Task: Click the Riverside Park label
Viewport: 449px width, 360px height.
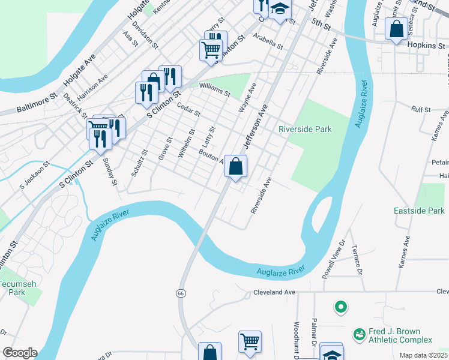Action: (305, 129)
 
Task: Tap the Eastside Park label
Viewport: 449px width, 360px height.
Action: (419, 211)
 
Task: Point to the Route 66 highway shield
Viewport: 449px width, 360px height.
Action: (180, 293)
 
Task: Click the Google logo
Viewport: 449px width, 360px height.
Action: (20, 353)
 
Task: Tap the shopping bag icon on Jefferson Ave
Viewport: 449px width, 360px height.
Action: (236, 166)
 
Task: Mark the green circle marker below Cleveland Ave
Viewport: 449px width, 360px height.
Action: (341, 308)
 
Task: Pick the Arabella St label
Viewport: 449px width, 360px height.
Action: (268, 41)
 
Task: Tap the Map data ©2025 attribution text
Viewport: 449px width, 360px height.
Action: (423, 355)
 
